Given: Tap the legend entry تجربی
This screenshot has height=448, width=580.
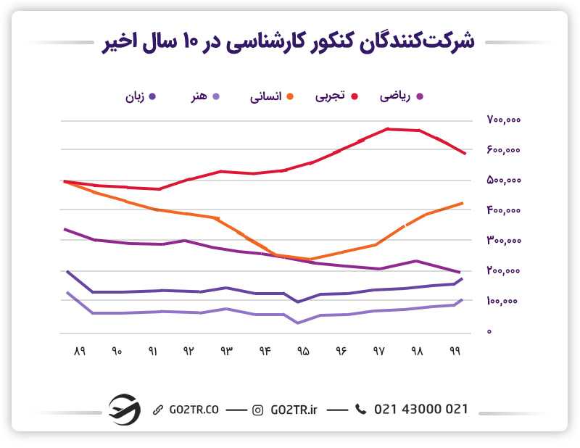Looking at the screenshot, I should click(334, 96).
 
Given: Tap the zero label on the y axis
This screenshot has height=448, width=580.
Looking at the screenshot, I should click(489, 332).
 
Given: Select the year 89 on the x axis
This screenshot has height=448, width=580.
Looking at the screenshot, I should click(79, 352).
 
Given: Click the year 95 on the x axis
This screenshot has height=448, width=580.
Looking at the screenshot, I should click(303, 352).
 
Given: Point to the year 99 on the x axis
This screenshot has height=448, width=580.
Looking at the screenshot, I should click(455, 352).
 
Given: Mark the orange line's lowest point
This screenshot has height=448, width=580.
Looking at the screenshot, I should click(310, 259).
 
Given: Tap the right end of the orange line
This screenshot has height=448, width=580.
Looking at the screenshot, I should click(462, 204).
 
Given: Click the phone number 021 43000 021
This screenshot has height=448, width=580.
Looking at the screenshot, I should click(420, 410).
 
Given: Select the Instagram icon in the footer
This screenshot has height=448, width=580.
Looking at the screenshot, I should click(257, 410).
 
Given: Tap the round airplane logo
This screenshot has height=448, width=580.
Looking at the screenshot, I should click(124, 409).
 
